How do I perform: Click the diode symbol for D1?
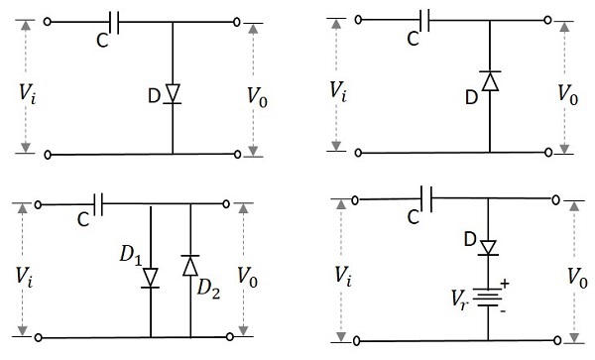pos(151,277)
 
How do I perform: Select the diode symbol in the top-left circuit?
pos(173,93)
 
